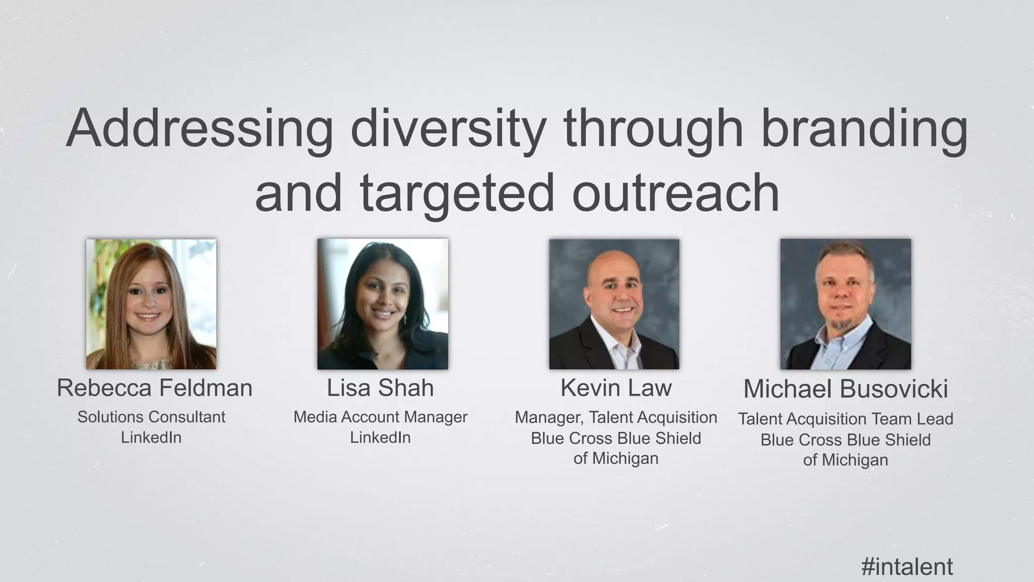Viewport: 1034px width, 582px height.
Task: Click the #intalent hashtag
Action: coord(907,566)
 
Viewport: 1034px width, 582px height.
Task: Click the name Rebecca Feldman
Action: coord(154,388)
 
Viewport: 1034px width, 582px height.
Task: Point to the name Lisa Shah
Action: coord(380,388)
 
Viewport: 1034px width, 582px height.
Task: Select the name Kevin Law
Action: coord(616,388)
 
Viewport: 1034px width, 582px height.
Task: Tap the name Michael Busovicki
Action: coord(846,389)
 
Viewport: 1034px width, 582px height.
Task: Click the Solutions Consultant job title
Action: coord(151,417)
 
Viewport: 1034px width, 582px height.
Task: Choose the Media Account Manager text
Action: coord(380,417)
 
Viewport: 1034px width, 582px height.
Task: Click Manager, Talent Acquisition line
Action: coord(616,418)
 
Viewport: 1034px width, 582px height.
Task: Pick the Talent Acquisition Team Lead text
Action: coord(846,419)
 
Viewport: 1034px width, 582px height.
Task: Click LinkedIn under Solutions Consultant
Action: coord(151,438)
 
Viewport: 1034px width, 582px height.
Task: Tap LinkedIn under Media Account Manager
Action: coord(380,438)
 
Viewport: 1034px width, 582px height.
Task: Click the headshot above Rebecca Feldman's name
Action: coord(151,304)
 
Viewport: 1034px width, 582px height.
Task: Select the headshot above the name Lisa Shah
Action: coord(382,304)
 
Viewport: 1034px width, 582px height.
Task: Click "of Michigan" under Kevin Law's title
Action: coord(616,459)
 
